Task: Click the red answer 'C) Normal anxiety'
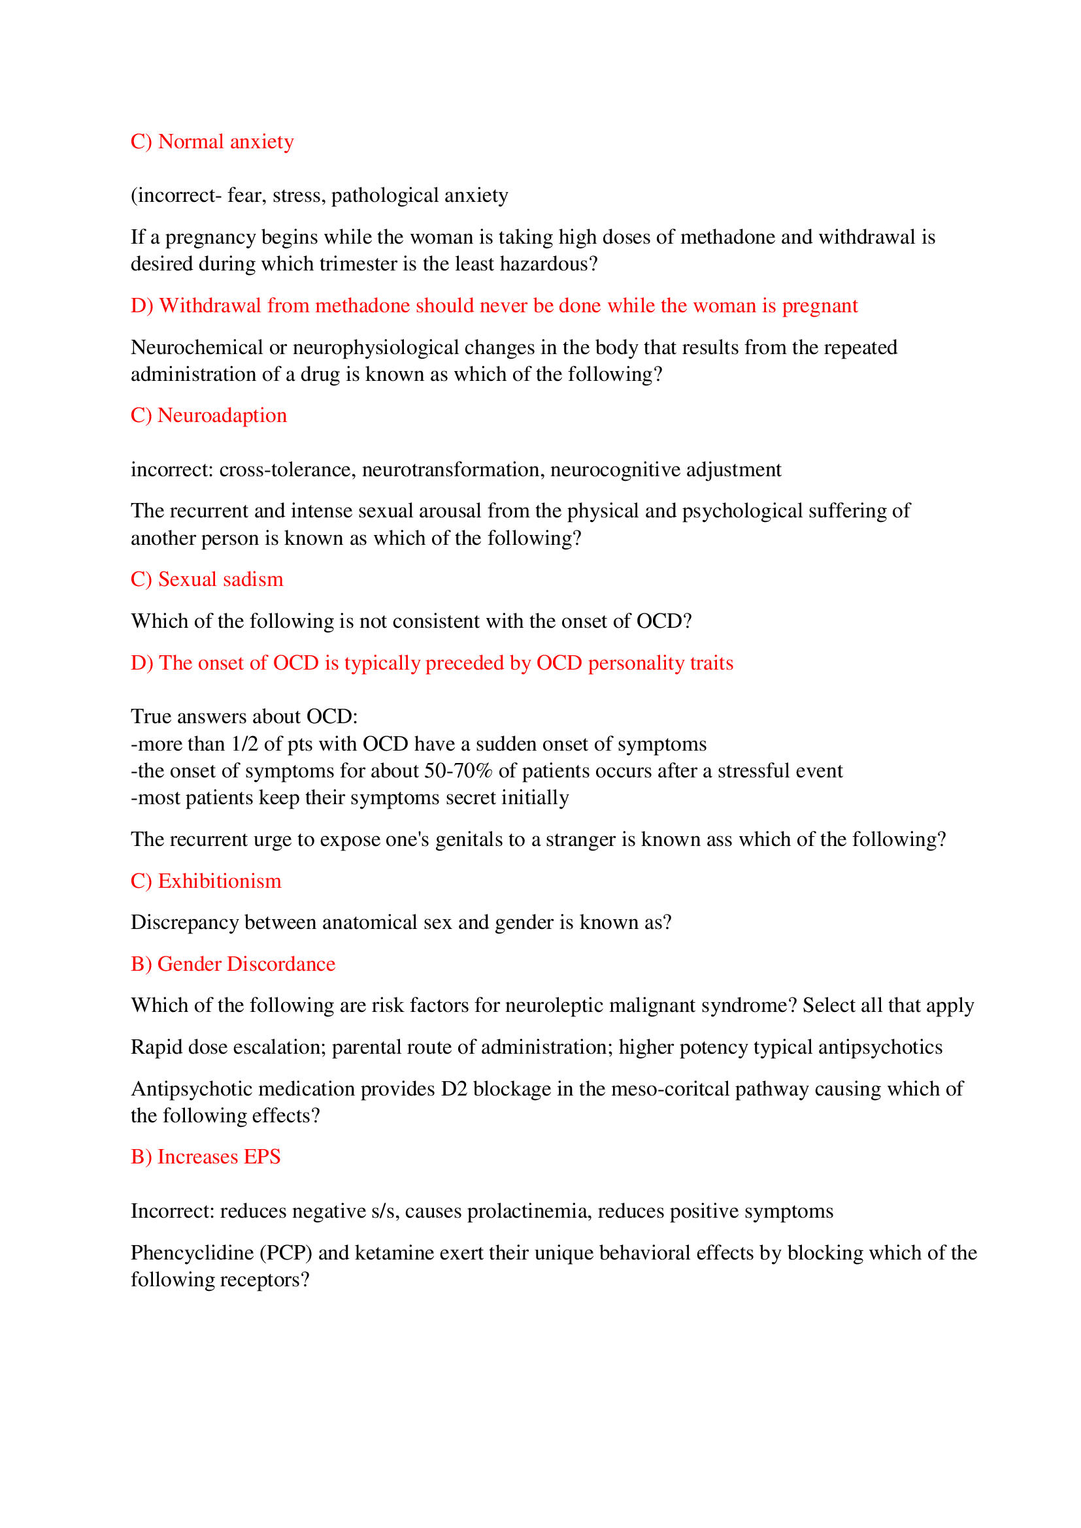coord(212,142)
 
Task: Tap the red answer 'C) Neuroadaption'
coord(208,415)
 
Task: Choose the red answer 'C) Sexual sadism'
coord(207,579)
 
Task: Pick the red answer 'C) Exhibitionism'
coord(206,881)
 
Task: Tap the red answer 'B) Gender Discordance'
coord(232,964)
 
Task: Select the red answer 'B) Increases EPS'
coord(205,1157)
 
